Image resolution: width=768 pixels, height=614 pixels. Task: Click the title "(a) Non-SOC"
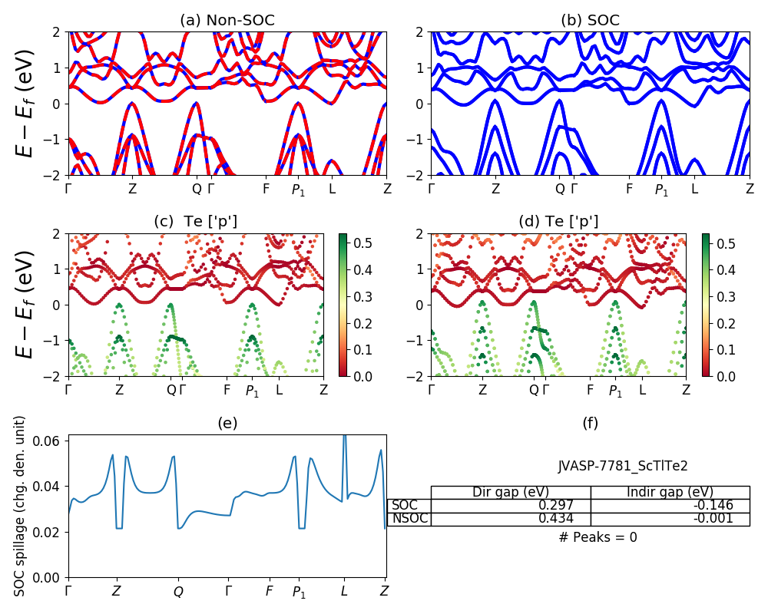click(227, 20)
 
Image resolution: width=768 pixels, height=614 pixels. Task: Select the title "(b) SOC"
click(590, 20)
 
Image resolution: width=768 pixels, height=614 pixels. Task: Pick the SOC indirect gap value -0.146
click(711, 505)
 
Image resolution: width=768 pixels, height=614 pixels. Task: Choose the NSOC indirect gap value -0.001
click(711, 519)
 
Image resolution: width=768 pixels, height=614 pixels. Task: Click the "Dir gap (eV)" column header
click(510, 492)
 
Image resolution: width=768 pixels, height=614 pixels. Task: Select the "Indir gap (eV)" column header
click(670, 492)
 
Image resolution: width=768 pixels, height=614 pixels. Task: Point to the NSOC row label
click(409, 519)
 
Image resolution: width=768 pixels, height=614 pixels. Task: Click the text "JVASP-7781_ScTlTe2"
click(623, 466)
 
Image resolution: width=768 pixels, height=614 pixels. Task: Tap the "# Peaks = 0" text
click(598, 537)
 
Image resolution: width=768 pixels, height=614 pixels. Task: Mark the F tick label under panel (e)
click(269, 592)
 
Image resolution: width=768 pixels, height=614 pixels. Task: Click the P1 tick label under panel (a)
click(298, 190)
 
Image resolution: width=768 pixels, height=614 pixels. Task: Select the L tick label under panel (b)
click(694, 189)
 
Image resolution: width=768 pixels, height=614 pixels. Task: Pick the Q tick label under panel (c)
click(171, 390)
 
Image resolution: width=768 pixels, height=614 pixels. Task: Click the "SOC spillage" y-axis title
click(21, 506)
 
